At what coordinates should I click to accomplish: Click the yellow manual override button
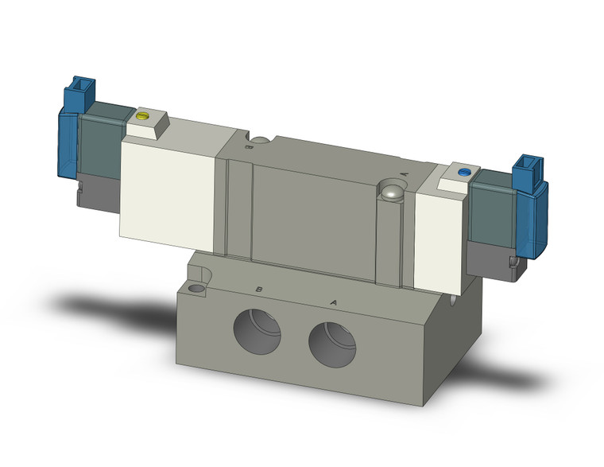(143, 115)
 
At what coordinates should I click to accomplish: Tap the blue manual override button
(465, 171)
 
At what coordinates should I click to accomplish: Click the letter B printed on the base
(258, 289)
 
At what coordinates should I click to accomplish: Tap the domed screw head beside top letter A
(391, 191)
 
